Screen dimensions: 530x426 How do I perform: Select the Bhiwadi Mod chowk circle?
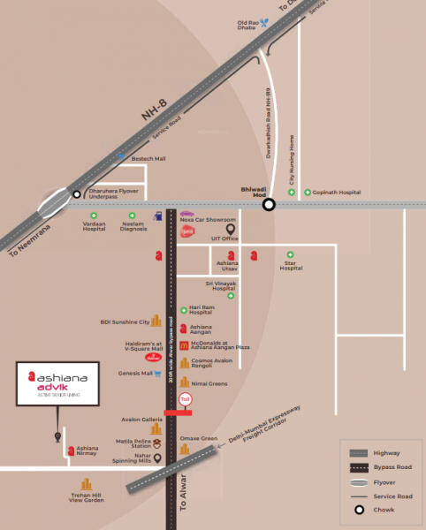coord(269,205)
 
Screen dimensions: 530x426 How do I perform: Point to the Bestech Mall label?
coord(148,160)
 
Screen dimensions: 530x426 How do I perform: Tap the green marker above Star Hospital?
coord(289,254)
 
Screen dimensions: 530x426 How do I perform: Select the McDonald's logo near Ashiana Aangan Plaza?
coord(183,345)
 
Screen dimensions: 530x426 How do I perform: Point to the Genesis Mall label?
coord(135,374)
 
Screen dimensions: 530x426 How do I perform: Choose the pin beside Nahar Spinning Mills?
coord(157,458)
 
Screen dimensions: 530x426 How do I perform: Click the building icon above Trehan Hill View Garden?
coord(87,485)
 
